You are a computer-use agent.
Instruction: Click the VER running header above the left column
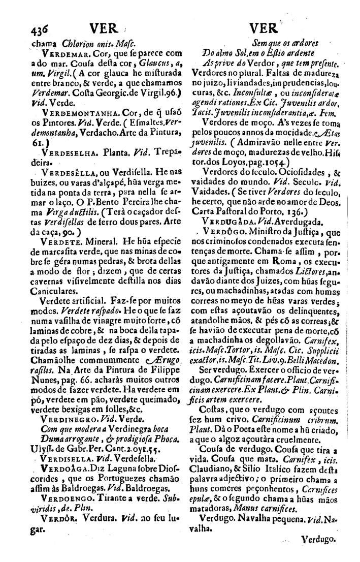point(102,26)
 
